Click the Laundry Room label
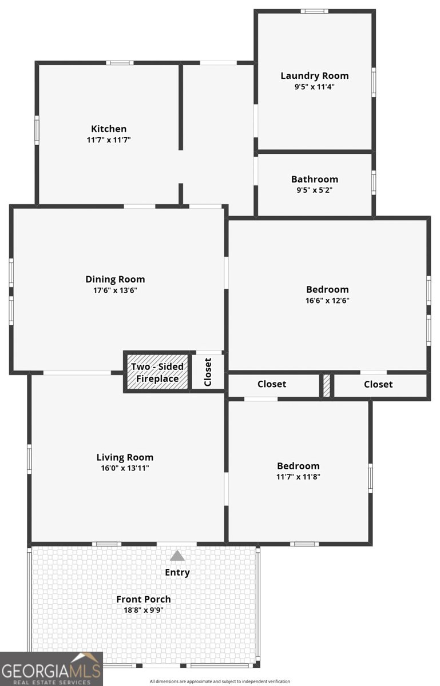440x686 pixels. pyautogui.click(x=315, y=75)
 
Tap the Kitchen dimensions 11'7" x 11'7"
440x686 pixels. pyautogui.click(x=109, y=140)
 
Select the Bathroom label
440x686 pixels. pyautogui.click(x=315, y=179)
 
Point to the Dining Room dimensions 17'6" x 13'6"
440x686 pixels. pyautogui.click(x=115, y=290)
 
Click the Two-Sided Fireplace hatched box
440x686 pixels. pyautogui.click(x=157, y=372)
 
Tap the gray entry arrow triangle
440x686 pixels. pyautogui.click(x=177, y=556)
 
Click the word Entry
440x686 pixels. pyautogui.click(x=177, y=572)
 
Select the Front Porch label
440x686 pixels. pyautogui.click(x=144, y=599)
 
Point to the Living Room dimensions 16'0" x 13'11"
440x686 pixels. pyautogui.click(x=125, y=468)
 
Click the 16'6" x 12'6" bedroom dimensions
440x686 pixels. pyautogui.click(x=327, y=300)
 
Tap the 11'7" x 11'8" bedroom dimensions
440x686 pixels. pyautogui.click(x=298, y=477)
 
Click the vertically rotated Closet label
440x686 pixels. pyautogui.click(x=208, y=372)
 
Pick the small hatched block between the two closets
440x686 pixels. pyautogui.click(x=327, y=385)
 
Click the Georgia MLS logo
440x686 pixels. pyautogui.click(x=51, y=669)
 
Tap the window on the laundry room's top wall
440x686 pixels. pyautogui.click(x=314, y=11)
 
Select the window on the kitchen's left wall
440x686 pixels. pyautogui.click(x=37, y=130)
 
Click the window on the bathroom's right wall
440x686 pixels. pyautogui.click(x=374, y=182)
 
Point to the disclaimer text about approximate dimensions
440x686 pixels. pyautogui.click(x=220, y=681)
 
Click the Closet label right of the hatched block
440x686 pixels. pyautogui.click(x=378, y=384)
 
